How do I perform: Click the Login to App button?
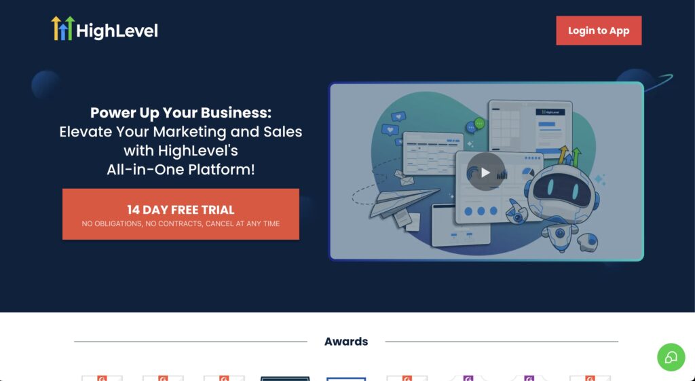[x=599, y=31]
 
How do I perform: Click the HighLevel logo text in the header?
[x=117, y=31]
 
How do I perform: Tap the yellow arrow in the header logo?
[x=56, y=28]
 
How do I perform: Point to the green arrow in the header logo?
[x=70, y=28]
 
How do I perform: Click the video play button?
[x=485, y=172]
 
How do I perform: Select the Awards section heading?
[x=346, y=342]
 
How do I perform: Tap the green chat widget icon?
[x=671, y=357]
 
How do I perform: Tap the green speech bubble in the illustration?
[x=479, y=123]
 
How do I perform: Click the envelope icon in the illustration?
[x=407, y=181]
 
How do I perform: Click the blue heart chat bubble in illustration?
[x=390, y=130]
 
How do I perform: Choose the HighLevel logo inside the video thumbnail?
[x=550, y=112]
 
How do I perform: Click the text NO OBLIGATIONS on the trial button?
[x=111, y=223]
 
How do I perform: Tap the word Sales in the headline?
[x=282, y=132]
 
